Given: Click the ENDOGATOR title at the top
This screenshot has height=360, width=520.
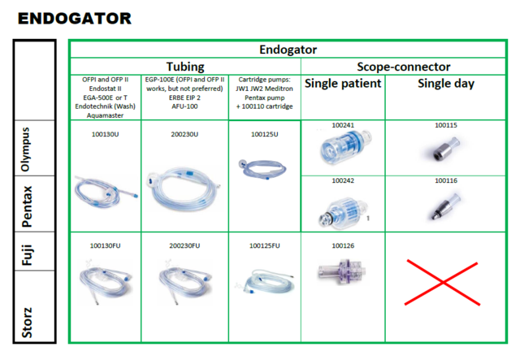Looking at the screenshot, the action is point(75,19).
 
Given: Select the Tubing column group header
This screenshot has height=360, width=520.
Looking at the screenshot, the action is point(185,67).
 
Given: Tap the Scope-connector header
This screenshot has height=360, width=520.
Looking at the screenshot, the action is point(403,67).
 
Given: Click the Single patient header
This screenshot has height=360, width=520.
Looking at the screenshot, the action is point(343,83).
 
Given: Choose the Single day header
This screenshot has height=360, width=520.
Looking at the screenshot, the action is point(446,83).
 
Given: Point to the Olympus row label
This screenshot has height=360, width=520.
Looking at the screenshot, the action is point(25,150).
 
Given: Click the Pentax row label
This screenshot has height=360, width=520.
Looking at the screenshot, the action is point(27,206).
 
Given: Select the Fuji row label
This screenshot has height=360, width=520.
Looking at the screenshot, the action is point(27,254).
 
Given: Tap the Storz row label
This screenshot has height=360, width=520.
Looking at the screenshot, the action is point(27,323).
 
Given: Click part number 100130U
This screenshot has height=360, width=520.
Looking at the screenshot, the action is point(105,134).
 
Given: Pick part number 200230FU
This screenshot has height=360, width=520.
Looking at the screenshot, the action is point(184,246).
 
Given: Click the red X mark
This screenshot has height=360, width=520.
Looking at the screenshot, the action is point(442,282).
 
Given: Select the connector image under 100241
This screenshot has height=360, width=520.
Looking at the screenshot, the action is point(346,146).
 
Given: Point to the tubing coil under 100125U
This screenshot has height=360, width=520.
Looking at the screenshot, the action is point(262,168).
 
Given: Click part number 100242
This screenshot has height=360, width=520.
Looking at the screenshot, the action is point(343,180).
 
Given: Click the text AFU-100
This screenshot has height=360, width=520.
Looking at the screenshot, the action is point(184,106).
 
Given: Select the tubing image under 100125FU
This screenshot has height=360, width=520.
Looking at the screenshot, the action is point(265,281).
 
